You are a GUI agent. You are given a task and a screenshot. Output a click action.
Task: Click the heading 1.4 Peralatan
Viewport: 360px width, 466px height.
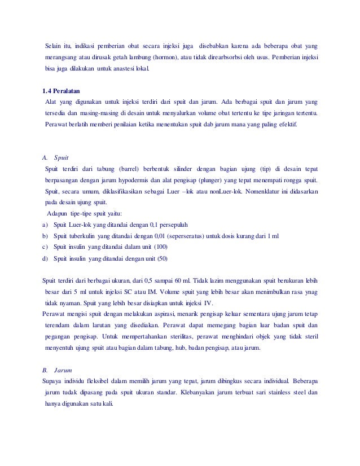tap(62, 90)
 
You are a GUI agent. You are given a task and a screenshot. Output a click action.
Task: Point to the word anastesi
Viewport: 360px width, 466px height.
tap(131, 69)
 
